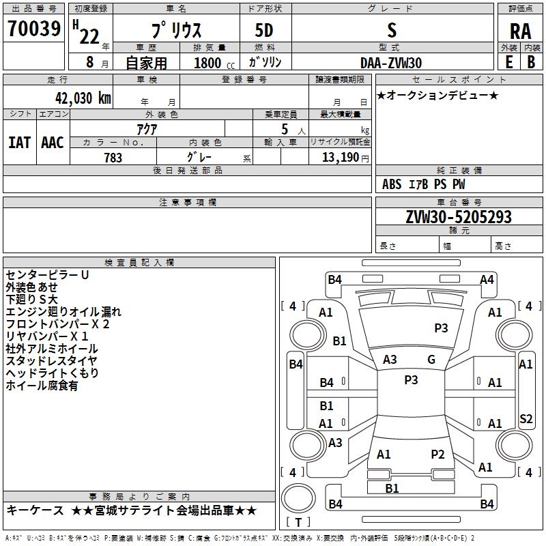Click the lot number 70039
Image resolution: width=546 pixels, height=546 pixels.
point(33,29)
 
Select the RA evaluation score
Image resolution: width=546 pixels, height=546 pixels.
point(520,31)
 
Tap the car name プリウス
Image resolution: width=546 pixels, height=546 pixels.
point(175,31)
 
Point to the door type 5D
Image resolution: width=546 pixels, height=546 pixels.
point(264,31)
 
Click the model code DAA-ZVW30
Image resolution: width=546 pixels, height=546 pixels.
point(391,63)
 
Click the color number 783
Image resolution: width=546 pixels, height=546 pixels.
point(113,158)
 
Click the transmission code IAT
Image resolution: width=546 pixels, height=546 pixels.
point(19,142)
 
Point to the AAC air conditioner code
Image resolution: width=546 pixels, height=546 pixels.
point(53,142)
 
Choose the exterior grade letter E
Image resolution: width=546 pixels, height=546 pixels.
point(509,62)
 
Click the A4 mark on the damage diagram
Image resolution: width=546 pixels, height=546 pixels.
point(487,279)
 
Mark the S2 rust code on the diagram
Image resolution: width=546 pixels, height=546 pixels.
point(526,418)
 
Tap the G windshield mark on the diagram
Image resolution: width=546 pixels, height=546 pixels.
point(431,360)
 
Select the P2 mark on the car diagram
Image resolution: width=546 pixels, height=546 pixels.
point(437,454)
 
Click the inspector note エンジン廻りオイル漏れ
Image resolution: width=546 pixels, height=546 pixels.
point(63,312)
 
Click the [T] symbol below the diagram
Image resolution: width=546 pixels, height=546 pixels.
point(298,522)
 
